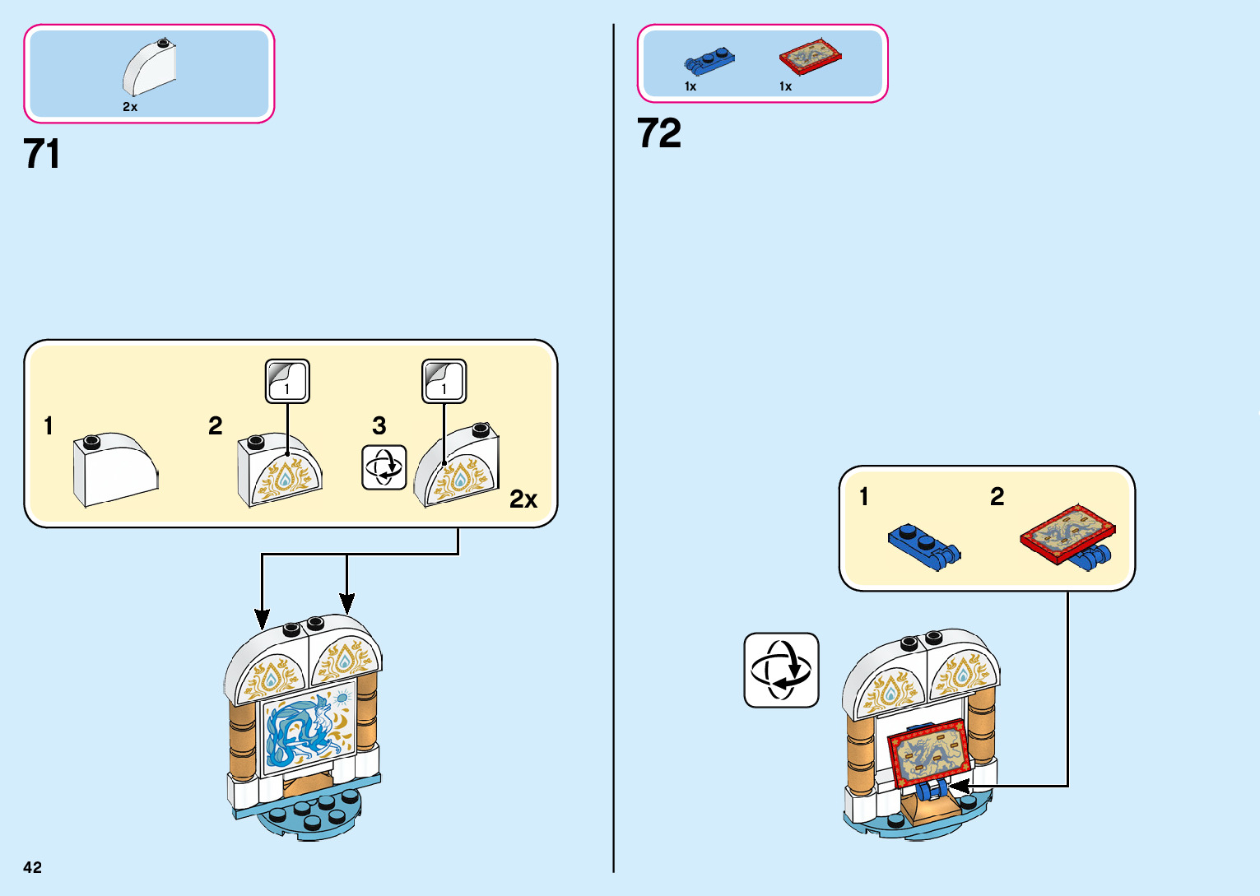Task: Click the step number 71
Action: (x=41, y=154)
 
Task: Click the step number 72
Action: (x=659, y=133)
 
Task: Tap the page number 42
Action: (x=32, y=867)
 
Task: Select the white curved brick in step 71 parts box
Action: (x=150, y=68)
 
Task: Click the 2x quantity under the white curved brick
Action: (x=130, y=107)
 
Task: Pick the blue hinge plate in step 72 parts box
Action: (x=709, y=60)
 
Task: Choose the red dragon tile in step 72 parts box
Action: (x=810, y=56)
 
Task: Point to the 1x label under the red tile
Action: (x=785, y=86)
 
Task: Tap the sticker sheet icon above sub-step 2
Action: (x=287, y=381)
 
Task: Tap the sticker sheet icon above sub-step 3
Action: (x=444, y=381)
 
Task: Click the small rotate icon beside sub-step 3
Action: (x=384, y=467)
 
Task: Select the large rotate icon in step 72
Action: (x=781, y=670)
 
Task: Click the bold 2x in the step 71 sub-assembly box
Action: (x=523, y=499)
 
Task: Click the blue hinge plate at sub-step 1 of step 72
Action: (x=923, y=546)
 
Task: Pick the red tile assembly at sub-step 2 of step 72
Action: (x=1068, y=536)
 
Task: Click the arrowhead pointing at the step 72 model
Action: (x=958, y=787)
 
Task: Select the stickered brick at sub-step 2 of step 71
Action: (x=279, y=470)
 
